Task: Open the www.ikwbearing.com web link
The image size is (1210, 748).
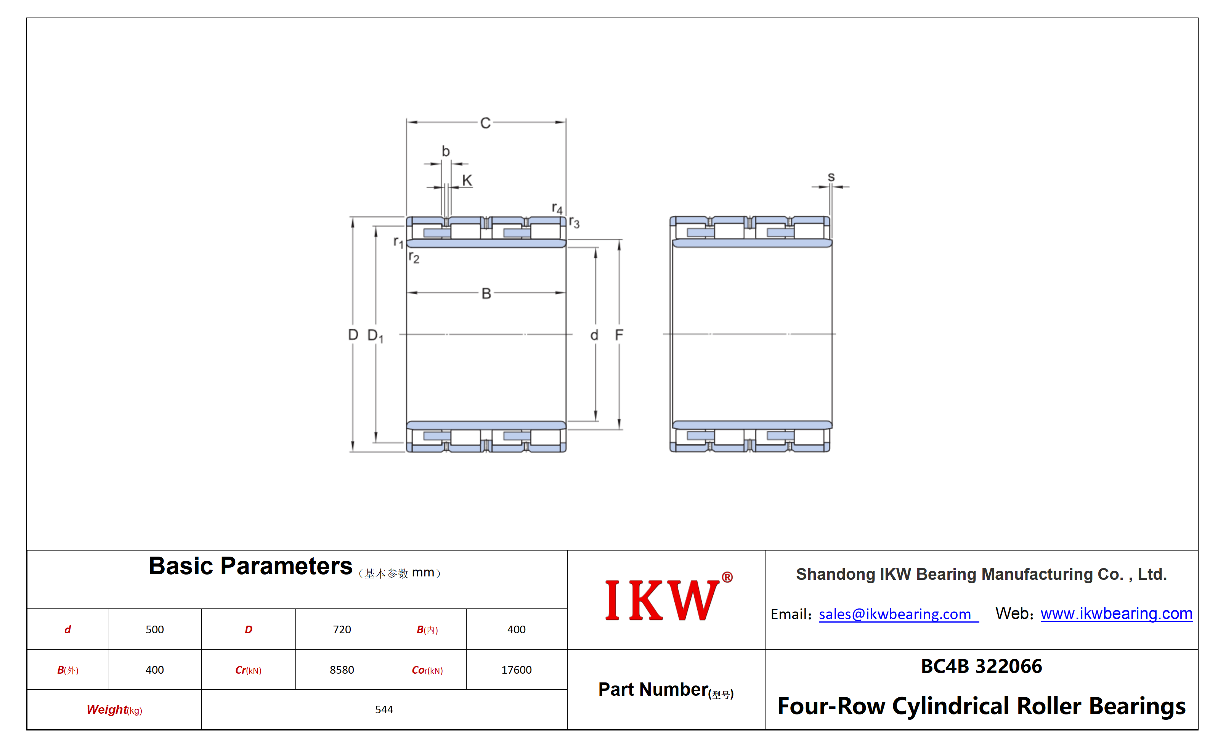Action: (x=1116, y=613)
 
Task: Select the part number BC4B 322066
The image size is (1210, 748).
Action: (x=981, y=666)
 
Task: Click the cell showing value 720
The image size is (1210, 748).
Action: (x=342, y=629)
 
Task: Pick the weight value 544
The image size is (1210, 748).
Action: (x=384, y=709)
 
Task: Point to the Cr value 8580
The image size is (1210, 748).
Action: (x=342, y=670)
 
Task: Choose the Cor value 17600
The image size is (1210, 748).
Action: (x=517, y=670)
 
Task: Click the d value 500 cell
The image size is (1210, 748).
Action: (x=155, y=629)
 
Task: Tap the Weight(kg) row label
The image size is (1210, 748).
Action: (x=114, y=710)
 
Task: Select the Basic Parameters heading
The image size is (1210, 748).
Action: (x=250, y=566)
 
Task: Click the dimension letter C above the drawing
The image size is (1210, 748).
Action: (x=485, y=123)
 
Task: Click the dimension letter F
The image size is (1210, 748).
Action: (x=619, y=335)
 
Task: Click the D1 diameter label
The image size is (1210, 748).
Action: (x=376, y=336)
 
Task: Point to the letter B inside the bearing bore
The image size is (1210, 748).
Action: (x=486, y=293)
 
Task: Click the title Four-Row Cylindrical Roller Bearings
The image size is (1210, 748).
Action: (x=981, y=706)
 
